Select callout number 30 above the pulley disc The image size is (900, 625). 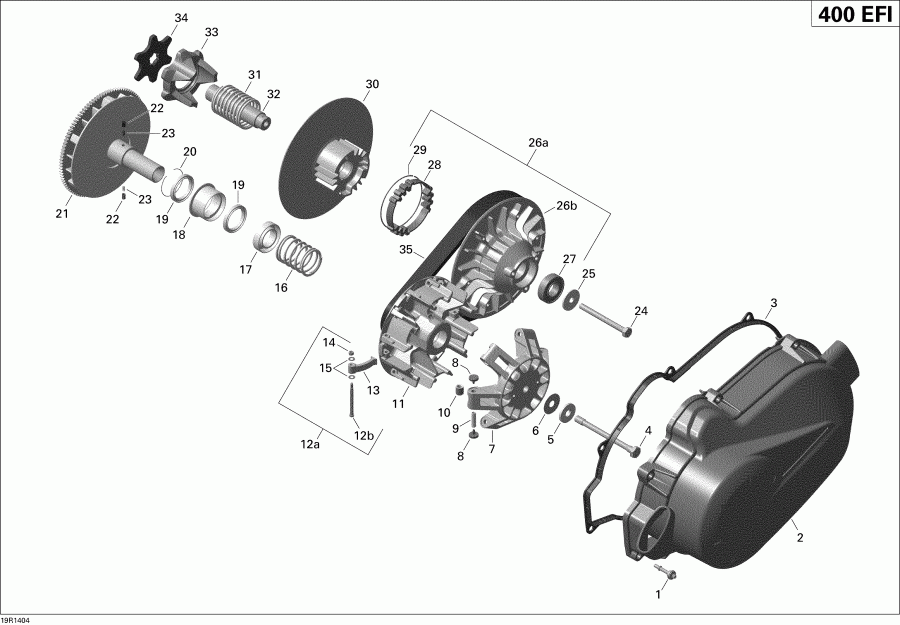coord(372,84)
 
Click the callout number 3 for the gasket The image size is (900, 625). coord(773,302)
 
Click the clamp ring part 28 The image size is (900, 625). coord(411,199)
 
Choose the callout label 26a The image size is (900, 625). coord(538,143)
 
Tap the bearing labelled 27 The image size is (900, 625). coord(551,290)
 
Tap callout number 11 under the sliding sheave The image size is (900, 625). coord(398,404)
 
